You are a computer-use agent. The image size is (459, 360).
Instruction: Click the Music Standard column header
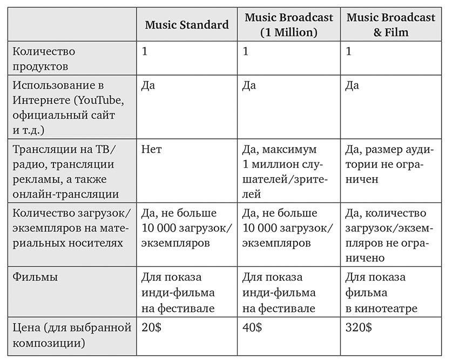pyautogui.click(x=186, y=25)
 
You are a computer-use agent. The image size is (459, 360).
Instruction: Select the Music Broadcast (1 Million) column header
pyautogui.click(x=288, y=25)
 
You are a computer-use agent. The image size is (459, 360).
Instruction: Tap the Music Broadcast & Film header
pyautogui.click(x=390, y=25)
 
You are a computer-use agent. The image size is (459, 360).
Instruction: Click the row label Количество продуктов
pyautogui.click(x=44, y=59)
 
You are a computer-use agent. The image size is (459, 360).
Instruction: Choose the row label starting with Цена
pyautogui.click(x=72, y=335)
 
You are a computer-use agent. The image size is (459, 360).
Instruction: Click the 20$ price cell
pyautogui.click(x=149, y=328)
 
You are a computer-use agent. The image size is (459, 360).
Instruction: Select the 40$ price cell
pyautogui.click(x=252, y=328)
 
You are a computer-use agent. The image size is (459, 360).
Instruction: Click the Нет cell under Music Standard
pyautogui.click(x=151, y=149)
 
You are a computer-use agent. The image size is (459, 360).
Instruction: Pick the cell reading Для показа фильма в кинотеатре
pyautogui.click(x=381, y=293)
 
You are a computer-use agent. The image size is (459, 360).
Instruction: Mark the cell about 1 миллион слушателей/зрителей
pyautogui.click(x=285, y=171)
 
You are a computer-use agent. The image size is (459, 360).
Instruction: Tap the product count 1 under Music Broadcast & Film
pyautogui.click(x=348, y=52)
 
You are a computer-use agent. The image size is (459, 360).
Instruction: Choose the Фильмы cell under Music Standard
pyautogui.click(x=178, y=293)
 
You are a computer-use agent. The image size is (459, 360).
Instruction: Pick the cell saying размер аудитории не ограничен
pyautogui.click(x=389, y=164)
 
